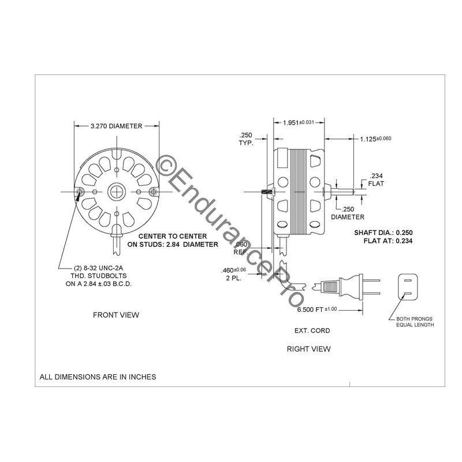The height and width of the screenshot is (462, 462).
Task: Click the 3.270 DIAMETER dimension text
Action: click(116, 126)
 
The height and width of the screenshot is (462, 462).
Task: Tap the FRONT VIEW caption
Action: click(116, 315)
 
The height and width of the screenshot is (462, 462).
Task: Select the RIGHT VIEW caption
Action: click(309, 349)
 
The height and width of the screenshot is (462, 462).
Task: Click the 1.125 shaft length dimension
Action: click(375, 139)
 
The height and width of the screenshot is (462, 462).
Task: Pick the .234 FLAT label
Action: click(375, 180)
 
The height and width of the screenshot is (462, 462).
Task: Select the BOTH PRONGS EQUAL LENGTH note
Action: click(415, 322)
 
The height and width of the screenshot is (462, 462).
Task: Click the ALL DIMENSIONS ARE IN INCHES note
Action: click(98, 377)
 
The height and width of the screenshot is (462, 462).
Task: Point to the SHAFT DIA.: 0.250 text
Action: click(382, 232)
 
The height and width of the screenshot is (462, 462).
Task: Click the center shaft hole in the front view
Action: click(116, 191)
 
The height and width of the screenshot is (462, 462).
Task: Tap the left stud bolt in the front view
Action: click(80, 191)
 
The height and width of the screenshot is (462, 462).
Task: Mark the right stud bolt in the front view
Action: click(152, 191)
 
